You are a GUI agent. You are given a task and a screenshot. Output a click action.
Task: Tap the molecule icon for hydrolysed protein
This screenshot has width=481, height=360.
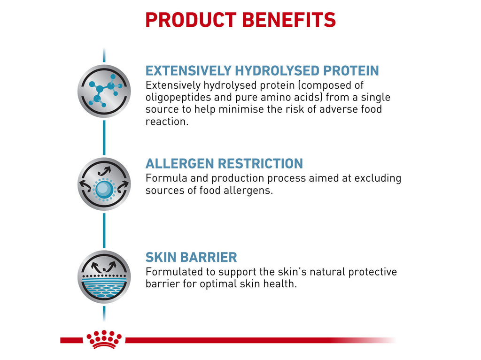[x=104, y=91]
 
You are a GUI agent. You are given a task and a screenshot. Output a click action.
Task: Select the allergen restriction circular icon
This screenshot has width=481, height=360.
[x=104, y=184]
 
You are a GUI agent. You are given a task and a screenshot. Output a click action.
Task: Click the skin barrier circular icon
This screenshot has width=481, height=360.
[x=104, y=277]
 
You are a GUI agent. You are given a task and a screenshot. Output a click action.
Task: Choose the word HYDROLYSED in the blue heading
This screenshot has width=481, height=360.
[x=276, y=70]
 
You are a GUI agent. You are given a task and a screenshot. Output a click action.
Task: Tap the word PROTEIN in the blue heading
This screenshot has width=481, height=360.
[x=350, y=70]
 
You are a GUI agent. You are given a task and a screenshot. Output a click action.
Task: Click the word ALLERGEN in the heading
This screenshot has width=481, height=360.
[x=177, y=164]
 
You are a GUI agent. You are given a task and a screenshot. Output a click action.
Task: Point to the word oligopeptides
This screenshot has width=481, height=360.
[x=177, y=98]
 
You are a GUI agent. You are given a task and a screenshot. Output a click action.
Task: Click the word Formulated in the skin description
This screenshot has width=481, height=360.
[x=171, y=272]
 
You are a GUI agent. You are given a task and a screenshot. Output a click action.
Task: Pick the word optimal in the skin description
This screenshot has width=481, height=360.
[x=218, y=284]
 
